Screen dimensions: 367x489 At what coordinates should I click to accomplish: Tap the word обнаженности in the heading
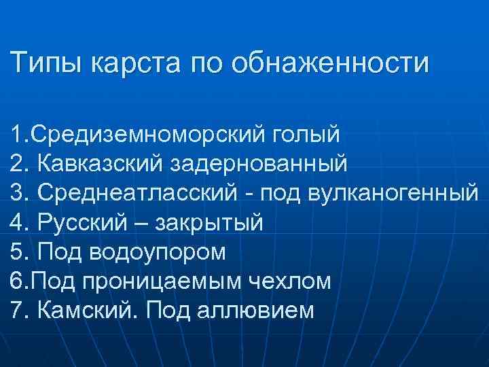coord(330,64)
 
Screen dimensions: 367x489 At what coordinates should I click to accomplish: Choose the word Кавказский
coord(100,164)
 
